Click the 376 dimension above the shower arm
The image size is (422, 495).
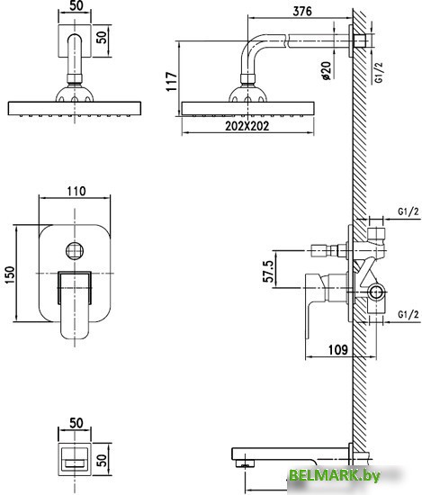pos(302,11)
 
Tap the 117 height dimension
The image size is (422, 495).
pos(172,81)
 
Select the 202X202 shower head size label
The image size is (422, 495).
pos(247,126)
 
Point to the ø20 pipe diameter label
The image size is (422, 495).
pos(327,70)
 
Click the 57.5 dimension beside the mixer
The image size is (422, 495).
pos(268,272)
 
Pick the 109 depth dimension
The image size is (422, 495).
pos(337,350)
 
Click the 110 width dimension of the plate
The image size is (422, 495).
pos(76,191)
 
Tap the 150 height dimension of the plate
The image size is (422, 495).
pos(9,274)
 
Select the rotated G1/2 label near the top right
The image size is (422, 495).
pos(379,72)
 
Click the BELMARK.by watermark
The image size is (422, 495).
pos(335,475)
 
